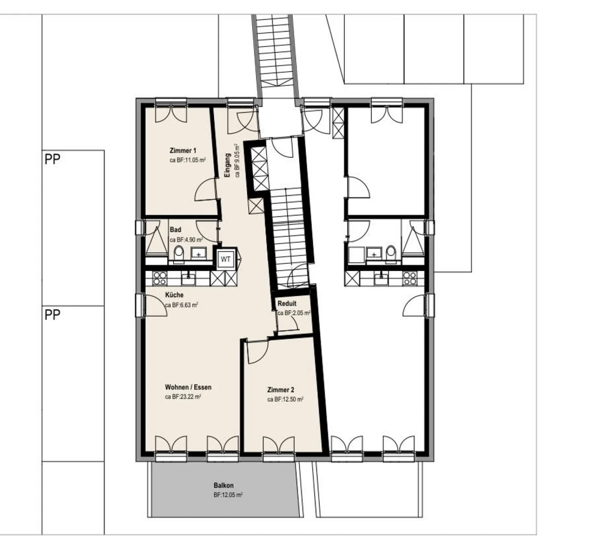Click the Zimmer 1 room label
183,151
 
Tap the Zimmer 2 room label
280,390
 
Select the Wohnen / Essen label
188,387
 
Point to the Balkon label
224,486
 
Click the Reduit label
287,303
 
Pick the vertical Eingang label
227,165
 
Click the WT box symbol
226,259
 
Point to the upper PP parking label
52,159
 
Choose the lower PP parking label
52,315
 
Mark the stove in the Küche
160,278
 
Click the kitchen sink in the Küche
188,278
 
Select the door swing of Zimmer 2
258,352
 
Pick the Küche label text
174,295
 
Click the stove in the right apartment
410,278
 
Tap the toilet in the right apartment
390,254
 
